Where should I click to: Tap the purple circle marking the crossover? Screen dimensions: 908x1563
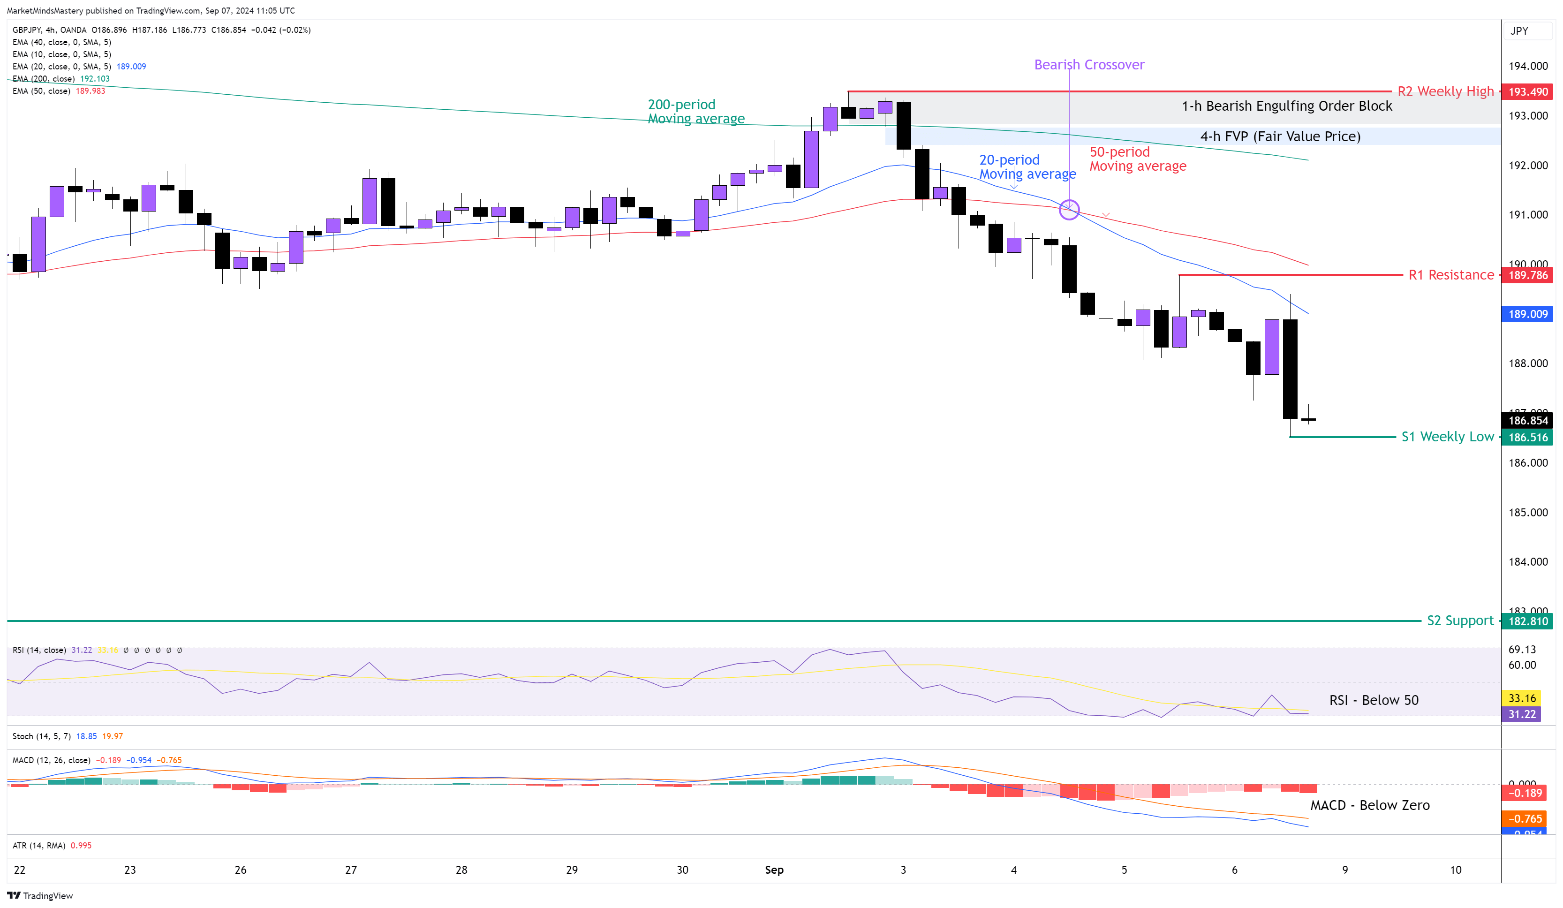1069,210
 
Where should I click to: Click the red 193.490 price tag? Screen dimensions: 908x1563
1528,92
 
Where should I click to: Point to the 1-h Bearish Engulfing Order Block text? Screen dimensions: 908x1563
1286,106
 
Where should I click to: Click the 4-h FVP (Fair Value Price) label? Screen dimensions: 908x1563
1280,136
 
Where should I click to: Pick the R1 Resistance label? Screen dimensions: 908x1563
1451,275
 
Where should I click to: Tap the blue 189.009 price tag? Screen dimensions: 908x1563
1528,314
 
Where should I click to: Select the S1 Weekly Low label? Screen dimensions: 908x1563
1447,437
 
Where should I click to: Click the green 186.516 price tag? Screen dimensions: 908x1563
1528,437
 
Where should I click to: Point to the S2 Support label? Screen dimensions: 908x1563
1460,620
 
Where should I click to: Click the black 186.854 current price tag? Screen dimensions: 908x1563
1528,421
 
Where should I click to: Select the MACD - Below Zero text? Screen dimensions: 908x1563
1369,805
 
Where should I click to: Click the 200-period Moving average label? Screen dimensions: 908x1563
695,112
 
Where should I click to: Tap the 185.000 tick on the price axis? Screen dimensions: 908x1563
1528,512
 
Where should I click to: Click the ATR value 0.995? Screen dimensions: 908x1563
81,845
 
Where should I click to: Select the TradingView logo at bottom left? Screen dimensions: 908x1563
40,896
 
